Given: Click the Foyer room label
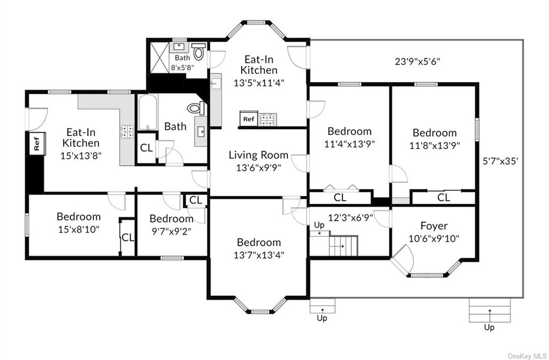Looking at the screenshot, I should (434, 226).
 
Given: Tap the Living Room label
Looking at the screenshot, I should (258, 155).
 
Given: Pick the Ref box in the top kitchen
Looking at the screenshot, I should (248, 119).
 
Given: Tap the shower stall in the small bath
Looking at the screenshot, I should (158, 56).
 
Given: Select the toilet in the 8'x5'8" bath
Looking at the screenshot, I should (198, 52).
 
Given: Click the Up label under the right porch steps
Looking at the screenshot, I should (489, 327).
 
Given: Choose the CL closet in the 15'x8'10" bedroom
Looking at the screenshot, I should (127, 237).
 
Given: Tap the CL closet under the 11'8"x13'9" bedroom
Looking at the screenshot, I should (443, 197).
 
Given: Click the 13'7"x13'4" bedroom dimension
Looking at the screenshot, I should (258, 254).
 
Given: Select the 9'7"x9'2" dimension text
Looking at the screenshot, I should (171, 231).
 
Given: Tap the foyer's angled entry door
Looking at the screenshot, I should (402, 262).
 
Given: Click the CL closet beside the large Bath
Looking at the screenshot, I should (146, 148).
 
